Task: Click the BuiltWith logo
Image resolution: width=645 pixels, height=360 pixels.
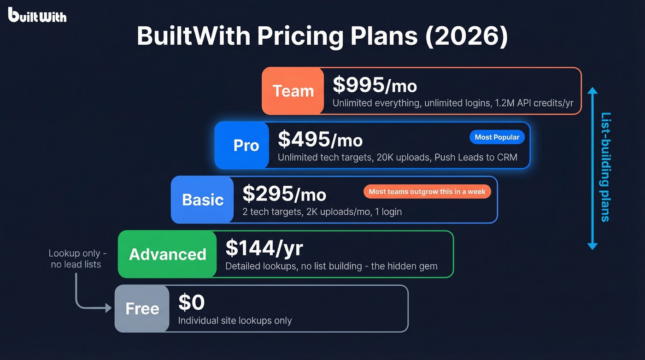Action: point(37,15)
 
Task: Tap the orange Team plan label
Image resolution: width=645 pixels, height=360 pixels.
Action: point(293,91)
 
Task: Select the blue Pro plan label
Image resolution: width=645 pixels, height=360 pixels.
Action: point(246,146)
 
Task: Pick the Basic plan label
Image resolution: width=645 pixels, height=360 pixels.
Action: point(203,200)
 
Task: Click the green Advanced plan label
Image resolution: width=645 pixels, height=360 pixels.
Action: point(167,254)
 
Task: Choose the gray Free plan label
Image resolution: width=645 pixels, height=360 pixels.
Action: point(142,308)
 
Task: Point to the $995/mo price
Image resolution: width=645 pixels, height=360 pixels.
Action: point(375,85)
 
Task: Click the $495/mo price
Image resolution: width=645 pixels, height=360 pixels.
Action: point(320,139)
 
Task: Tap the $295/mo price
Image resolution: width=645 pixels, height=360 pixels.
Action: point(284,194)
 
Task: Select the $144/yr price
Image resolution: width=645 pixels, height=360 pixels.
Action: point(264,248)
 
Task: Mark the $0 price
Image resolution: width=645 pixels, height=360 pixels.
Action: point(191,302)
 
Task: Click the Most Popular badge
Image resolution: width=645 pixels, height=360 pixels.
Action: point(497,137)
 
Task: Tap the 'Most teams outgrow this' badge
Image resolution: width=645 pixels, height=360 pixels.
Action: point(427,191)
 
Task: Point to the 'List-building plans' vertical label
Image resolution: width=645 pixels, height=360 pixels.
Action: point(606,167)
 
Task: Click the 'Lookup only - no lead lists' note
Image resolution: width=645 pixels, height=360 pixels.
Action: point(77,259)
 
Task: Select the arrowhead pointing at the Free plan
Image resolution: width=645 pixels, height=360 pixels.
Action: point(109,308)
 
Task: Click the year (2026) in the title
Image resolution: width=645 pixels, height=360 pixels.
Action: point(466,36)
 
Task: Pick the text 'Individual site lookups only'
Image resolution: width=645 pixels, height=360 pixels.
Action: point(235,320)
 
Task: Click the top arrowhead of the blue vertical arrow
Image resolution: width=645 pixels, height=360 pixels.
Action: point(592,90)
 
